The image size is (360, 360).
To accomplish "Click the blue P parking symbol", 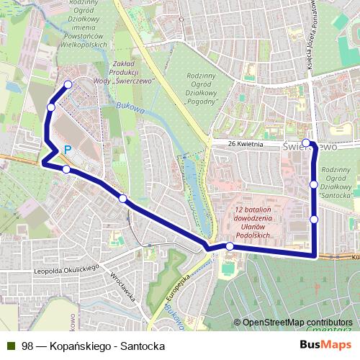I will pyautogui.click(x=68, y=150).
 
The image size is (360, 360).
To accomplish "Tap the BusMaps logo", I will pyautogui.click(x=325, y=345).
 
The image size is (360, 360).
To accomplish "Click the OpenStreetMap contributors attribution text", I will pyautogui.click(x=297, y=322).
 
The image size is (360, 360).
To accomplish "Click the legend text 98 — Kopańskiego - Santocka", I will pyautogui.click(x=94, y=346).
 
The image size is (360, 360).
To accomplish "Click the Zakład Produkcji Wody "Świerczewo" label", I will pyautogui.click(x=132, y=72).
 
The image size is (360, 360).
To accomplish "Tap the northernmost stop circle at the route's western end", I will pyautogui.click(x=68, y=85).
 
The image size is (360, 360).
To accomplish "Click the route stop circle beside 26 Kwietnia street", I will pyautogui.click(x=306, y=143).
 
